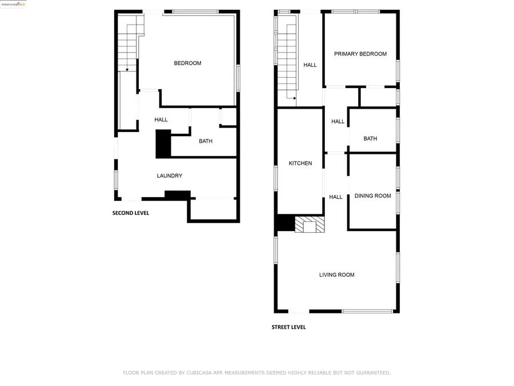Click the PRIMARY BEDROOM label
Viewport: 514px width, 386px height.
tap(360, 54)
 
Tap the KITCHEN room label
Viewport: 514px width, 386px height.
tap(300, 163)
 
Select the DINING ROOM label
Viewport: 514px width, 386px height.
tap(373, 196)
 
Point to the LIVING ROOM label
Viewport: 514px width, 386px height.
tap(337, 274)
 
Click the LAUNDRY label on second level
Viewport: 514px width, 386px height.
tap(170, 176)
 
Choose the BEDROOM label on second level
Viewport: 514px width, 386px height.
tap(187, 63)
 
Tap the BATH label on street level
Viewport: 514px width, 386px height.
tap(370, 138)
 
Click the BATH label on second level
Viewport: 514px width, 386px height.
tap(206, 141)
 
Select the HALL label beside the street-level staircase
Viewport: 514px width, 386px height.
tap(310, 65)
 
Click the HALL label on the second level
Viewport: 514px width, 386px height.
tap(161, 120)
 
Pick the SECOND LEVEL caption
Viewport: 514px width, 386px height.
tap(131, 213)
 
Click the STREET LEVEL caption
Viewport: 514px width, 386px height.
tap(288, 327)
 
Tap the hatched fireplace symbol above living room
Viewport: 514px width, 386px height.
tap(310, 224)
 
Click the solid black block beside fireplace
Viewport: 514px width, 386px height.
tap(284, 223)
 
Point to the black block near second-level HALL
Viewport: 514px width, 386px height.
tap(163, 144)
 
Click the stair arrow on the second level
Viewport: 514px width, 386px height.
tap(127, 69)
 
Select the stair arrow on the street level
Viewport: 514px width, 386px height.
tap(295, 98)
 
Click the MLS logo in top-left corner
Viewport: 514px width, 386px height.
tap(13, 4)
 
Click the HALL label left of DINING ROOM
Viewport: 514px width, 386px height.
tap(336, 197)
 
